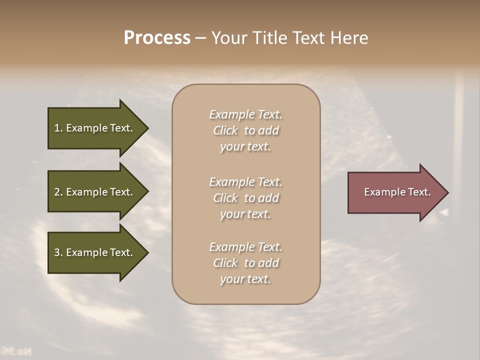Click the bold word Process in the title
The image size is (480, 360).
pos(157,38)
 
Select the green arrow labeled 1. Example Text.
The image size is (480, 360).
pos(95,128)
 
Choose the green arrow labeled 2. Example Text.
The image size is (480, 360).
pos(95,192)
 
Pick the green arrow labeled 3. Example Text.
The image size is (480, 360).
pos(95,252)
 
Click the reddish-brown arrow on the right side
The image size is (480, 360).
pos(395,192)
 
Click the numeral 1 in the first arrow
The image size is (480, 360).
pos(56,128)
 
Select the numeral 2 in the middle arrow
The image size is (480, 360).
pos(56,192)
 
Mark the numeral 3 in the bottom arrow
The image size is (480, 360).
pos(56,252)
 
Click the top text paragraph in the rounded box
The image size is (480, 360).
pos(246,130)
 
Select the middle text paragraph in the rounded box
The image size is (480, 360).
pos(246,198)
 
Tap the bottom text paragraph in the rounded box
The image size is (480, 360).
pos(246,263)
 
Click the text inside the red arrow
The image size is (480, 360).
pos(397,192)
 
